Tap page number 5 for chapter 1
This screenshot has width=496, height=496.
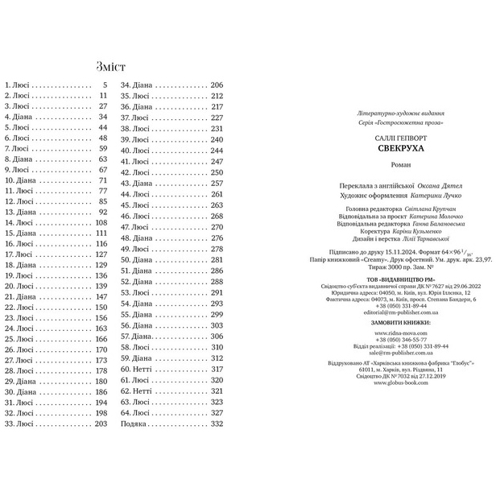point(104,85)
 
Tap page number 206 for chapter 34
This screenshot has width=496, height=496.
point(216,85)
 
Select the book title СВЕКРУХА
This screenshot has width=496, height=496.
point(388,150)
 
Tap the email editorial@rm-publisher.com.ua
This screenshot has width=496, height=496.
point(388,311)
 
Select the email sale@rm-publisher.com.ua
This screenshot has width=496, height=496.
point(388,352)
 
